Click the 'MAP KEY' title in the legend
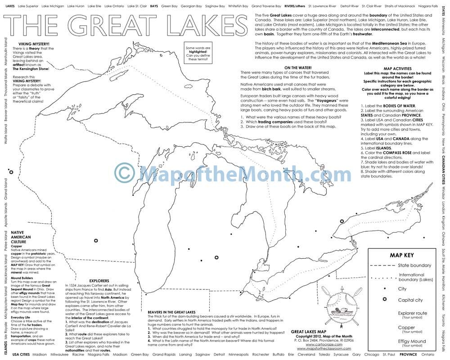tap(402, 255)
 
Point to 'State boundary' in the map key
tap(414, 265)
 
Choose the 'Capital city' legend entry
tap(410, 300)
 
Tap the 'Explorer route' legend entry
tap(413, 313)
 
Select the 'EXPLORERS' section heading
tap(99, 281)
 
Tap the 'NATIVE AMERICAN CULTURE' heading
tap(21, 237)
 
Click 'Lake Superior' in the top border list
tap(28, 7)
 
